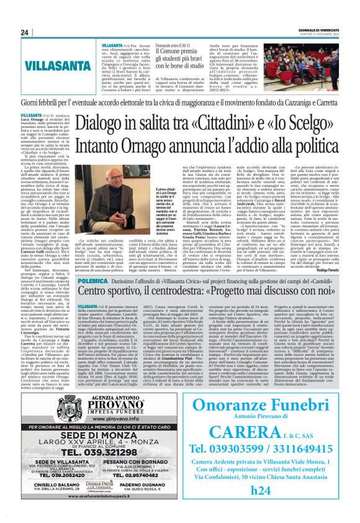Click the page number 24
25,32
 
